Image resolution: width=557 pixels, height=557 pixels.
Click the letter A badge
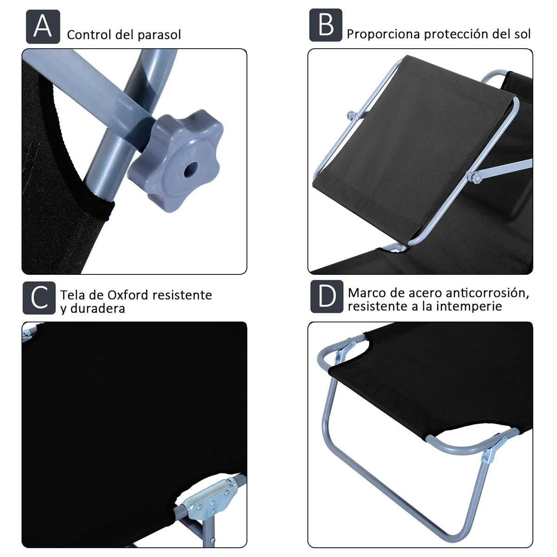coord(43,26)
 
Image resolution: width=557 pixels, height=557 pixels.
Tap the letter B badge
coord(326,25)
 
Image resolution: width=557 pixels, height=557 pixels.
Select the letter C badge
coord(39,298)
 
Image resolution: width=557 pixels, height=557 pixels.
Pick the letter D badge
coord(327,297)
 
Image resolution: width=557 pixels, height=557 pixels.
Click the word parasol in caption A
coord(159,35)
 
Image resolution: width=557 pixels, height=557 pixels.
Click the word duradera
coord(97,308)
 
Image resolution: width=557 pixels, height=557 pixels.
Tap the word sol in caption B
coord(522,34)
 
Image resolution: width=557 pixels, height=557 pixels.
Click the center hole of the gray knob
coord(191,170)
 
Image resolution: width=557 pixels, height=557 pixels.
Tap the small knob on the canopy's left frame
coord(351,116)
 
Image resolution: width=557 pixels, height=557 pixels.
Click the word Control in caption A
coord(89,35)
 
